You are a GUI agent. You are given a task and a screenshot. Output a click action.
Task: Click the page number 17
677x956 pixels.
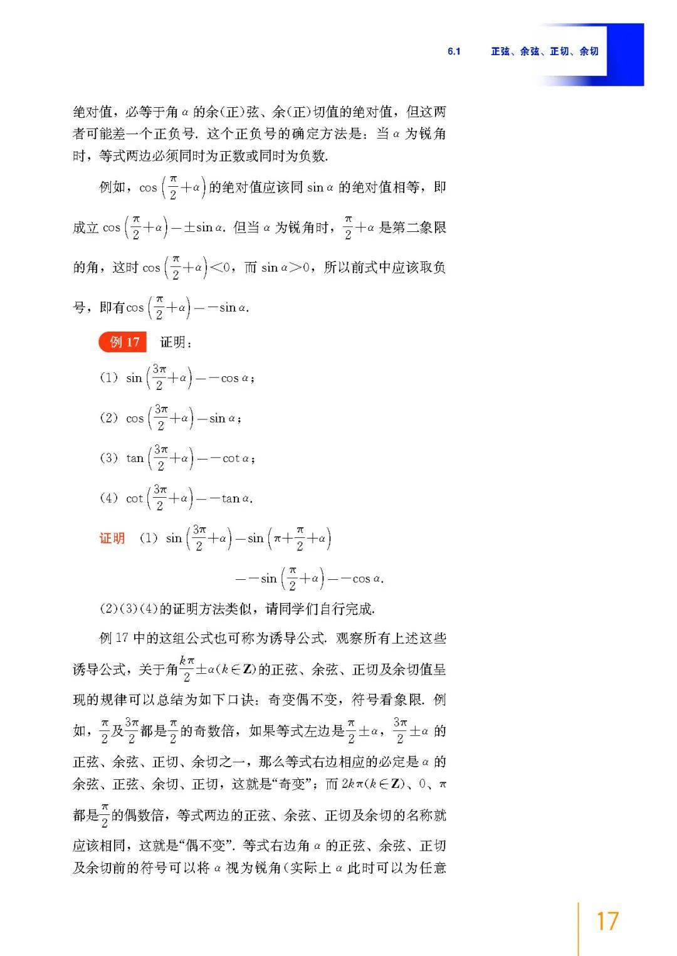[607, 921]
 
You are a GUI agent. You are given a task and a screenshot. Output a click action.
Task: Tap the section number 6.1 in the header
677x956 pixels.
[454, 51]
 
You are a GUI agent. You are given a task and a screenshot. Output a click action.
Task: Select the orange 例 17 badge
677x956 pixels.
[123, 342]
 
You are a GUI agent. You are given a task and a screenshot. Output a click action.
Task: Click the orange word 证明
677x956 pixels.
[112, 538]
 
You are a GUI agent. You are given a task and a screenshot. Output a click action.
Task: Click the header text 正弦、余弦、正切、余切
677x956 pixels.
[544, 51]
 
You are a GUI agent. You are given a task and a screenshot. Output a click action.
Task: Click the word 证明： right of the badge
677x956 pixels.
[176, 342]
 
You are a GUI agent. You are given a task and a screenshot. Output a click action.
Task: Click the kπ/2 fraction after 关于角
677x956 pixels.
[187, 668]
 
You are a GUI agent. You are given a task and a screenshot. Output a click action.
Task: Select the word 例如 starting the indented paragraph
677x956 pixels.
[113, 187]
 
